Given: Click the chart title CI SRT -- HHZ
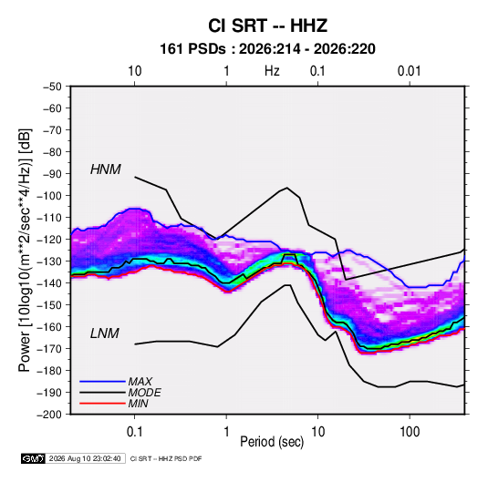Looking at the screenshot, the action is (267, 26).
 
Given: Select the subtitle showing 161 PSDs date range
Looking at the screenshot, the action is (267, 49).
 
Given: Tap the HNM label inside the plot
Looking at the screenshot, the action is (106, 169).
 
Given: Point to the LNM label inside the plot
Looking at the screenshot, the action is (105, 333).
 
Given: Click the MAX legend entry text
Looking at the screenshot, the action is (140, 382).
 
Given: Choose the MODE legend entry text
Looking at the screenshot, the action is (144, 393).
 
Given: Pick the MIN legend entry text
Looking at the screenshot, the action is (138, 404).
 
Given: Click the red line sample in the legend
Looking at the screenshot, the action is (102, 404).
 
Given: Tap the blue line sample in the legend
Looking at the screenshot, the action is (102, 382).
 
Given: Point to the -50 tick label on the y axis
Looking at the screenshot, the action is (52, 87).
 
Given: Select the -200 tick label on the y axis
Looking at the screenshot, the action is (49, 415).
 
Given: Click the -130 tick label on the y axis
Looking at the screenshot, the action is (49, 262).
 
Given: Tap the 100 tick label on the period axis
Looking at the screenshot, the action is (410, 432).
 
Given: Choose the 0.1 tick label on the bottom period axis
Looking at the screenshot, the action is (134, 432).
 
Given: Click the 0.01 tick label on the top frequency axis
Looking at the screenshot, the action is (409, 71).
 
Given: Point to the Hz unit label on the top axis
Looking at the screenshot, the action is (272, 71).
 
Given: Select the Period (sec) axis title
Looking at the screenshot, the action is (272, 442).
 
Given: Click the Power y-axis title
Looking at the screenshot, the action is (25, 251).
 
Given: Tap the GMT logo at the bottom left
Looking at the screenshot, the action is (33, 458).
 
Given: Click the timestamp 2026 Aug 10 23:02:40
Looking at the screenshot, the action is (85, 458).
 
